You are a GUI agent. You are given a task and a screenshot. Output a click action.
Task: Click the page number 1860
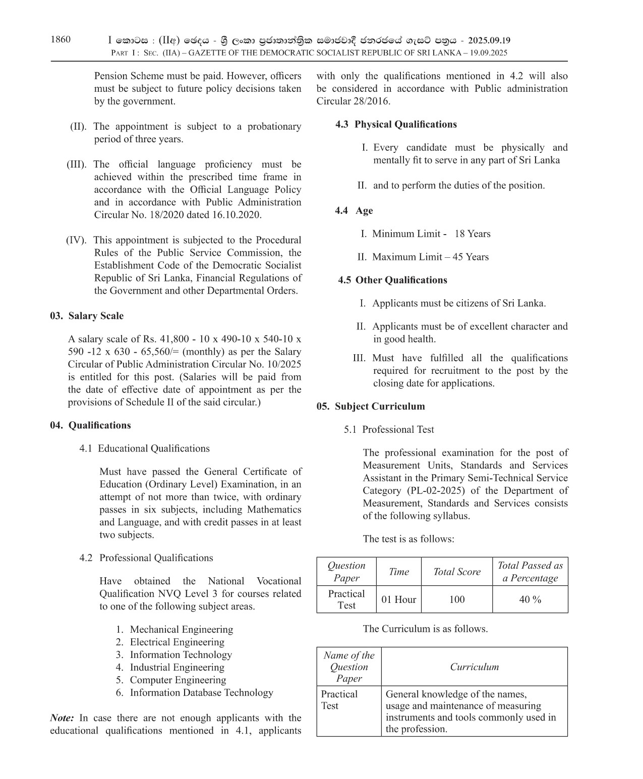[61, 40]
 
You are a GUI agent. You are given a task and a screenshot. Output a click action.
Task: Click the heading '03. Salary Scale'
[87, 316]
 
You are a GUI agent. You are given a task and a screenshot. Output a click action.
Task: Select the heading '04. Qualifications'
[90, 425]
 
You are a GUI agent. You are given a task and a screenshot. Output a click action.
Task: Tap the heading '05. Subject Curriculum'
[371, 407]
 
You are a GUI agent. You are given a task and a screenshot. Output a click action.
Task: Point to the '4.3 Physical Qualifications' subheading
[396, 125]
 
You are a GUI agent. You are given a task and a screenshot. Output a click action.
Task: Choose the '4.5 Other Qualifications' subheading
[393, 281]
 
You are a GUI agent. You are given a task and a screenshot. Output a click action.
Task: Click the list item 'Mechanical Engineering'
[181, 630]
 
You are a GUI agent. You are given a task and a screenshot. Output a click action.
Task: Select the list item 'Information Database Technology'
[201, 693]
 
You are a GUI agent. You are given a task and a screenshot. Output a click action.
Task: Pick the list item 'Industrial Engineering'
[178, 667]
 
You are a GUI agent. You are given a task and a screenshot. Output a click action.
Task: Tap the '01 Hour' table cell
[399, 599]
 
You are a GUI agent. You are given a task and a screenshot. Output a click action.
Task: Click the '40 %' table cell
[530, 599]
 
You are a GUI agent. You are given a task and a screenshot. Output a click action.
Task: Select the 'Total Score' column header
[457, 572]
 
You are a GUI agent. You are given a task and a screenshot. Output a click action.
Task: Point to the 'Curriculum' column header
[475, 667]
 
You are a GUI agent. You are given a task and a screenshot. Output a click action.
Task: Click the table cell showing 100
[457, 599]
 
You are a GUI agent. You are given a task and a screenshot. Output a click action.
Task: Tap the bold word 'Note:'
[62, 718]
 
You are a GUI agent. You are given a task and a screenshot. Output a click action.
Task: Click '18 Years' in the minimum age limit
[473, 234]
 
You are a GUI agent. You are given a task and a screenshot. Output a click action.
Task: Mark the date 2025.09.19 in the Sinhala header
[489, 40]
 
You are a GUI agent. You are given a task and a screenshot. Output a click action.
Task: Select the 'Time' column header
[399, 572]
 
